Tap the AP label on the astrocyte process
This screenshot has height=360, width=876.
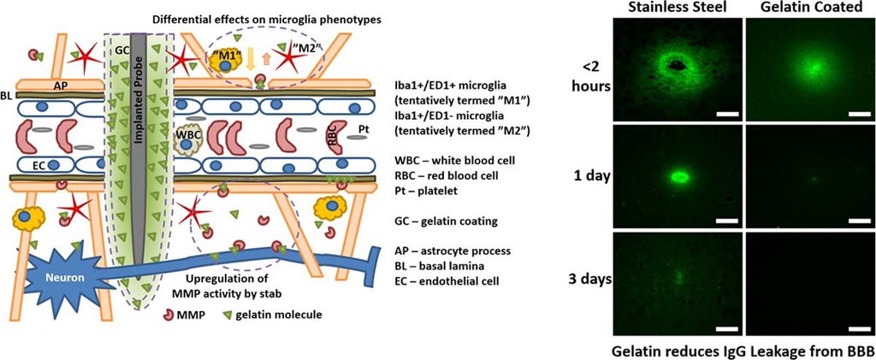pyautogui.click(x=60, y=86)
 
